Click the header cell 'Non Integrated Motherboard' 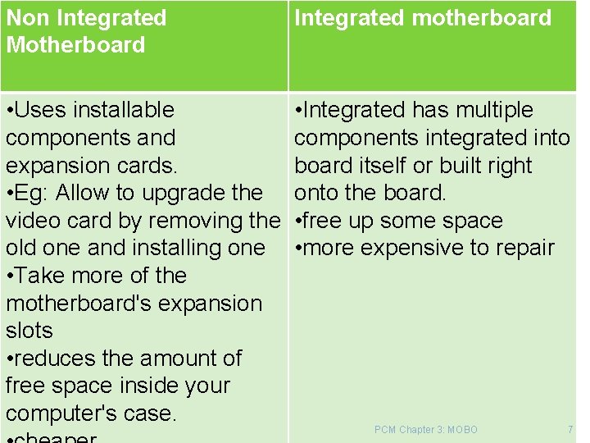(x=86, y=31)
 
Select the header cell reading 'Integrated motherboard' (x=423, y=18)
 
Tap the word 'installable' (x=125, y=110)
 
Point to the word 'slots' (x=29, y=331)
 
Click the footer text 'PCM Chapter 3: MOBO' (x=426, y=430)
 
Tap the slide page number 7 (x=570, y=430)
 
